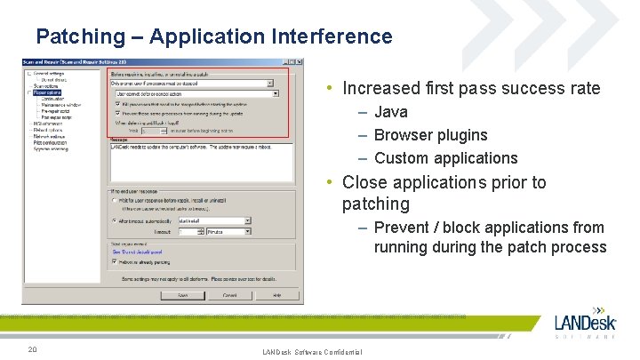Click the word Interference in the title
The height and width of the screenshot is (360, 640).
tap(339, 36)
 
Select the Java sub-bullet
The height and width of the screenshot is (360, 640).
tap(391, 112)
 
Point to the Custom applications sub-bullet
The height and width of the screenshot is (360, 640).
tap(445, 158)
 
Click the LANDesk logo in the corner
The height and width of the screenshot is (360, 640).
tap(585, 324)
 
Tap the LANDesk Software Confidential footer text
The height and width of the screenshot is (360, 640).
tap(312, 353)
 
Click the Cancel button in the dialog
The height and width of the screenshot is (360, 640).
tap(229, 294)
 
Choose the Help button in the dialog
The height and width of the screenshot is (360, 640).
tap(276, 294)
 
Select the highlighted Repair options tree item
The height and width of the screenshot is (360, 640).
tap(44, 92)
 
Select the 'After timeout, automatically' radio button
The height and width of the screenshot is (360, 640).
tap(115, 220)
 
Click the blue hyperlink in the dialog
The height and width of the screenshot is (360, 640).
tap(135, 252)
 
